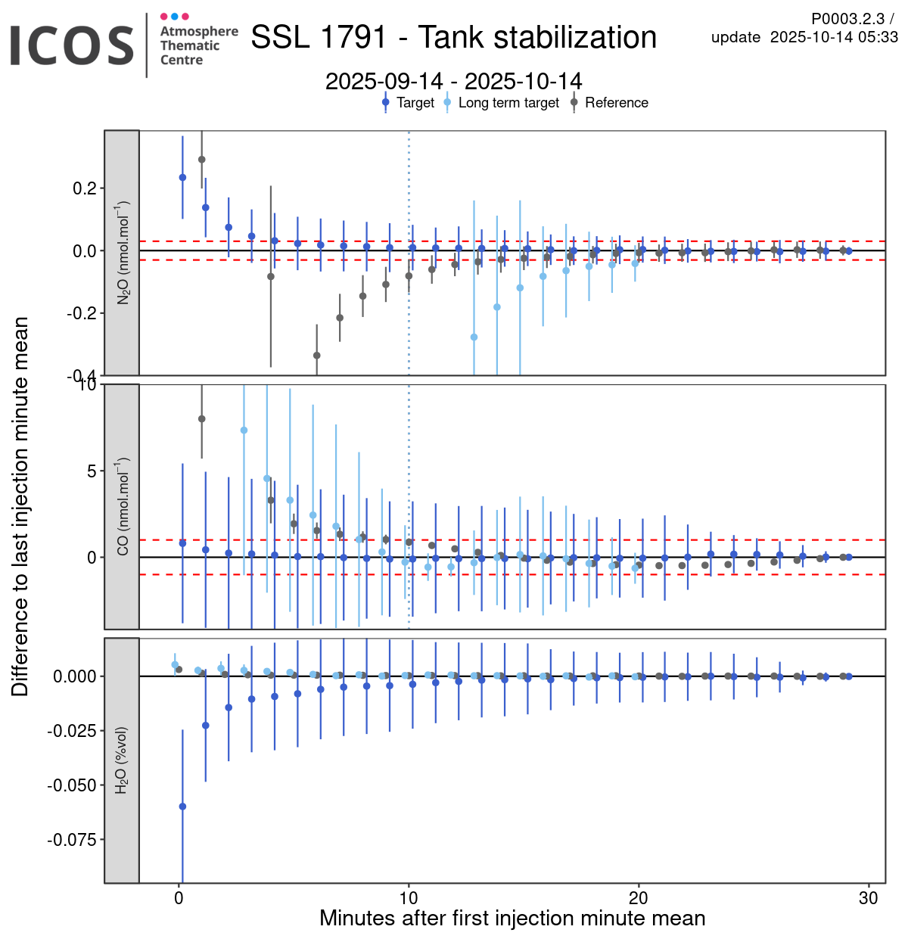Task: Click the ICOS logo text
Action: [x=72, y=45]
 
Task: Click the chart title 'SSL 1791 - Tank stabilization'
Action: [x=453, y=37]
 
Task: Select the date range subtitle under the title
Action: [x=453, y=82]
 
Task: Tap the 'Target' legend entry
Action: [x=415, y=103]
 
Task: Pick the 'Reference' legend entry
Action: [x=616, y=103]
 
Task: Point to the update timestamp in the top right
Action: [x=804, y=37]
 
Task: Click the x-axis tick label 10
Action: [x=409, y=898]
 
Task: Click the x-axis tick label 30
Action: [x=869, y=898]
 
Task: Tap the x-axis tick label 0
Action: [x=179, y=898]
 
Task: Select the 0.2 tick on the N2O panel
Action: [x=84, y=188]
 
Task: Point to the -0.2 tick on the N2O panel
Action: [x=82, y=313]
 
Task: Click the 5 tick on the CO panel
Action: [x=92, y=471]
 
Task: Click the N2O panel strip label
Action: [x=122, y=253]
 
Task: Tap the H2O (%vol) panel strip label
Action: [x=122, y=760]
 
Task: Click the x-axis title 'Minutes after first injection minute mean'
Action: [x=512, y=919]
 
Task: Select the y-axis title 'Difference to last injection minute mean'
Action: [x=20, y=506]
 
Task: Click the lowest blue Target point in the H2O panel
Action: [x=182, y=807]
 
